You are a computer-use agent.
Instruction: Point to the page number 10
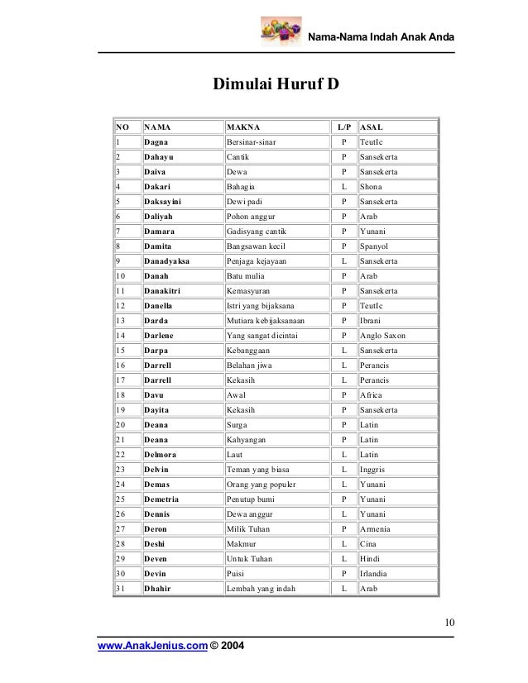tap(448, 623)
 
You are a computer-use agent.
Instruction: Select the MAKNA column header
tap(243, 127)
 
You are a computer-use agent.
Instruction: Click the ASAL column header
tap(372, 127)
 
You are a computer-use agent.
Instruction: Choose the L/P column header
tap(343, 127)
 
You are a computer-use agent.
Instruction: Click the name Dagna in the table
tap(156, 142)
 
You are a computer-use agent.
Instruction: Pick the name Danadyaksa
tap(166, 260)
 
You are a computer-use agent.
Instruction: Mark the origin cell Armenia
tap(377, 528)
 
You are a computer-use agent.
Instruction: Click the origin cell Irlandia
tap(377, 573)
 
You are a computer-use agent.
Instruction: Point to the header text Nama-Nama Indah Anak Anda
tap(381, 38)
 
